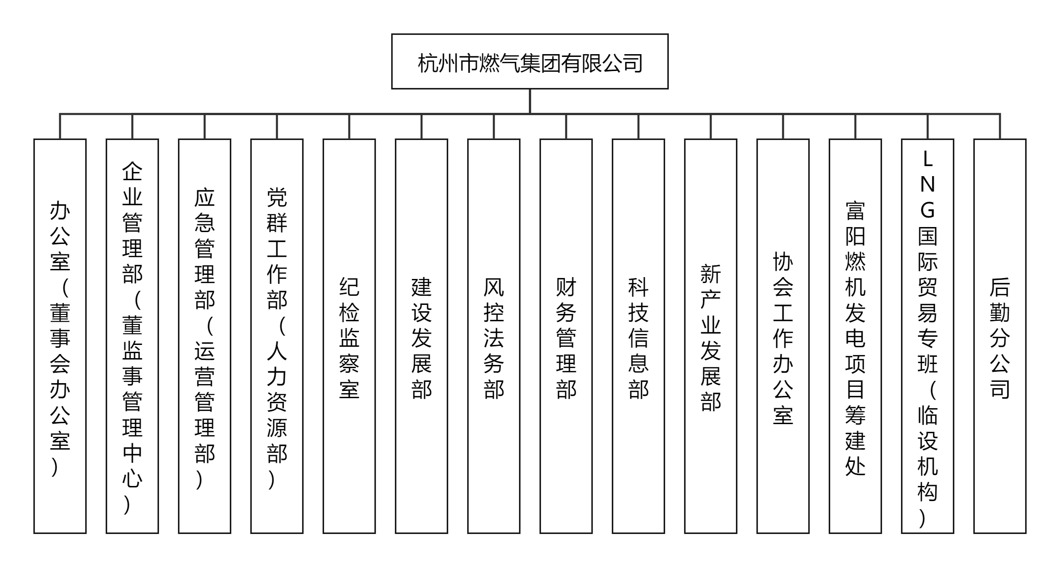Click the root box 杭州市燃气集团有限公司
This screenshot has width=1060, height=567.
tap(530, 61)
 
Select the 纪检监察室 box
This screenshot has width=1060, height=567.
tap(349, 336)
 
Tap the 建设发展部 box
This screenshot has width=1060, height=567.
tap(422, 336)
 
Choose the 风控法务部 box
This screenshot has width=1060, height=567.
tap(494, 336)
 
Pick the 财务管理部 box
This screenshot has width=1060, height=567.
tap(566, 336)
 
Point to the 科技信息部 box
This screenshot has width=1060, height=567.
tap(638, 336)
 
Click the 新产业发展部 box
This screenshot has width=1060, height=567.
tap(711, 336)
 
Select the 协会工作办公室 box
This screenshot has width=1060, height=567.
tap(783, 336)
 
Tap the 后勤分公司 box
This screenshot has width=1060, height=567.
tap(1000, 336)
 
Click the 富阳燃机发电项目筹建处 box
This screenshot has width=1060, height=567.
tap(855, 336)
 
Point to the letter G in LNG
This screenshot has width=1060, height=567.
tap(928, 210)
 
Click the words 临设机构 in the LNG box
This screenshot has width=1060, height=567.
tap(928, 453)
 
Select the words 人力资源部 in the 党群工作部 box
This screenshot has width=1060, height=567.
tap(277, 402)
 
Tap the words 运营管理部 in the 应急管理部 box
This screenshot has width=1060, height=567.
tap(205, 402)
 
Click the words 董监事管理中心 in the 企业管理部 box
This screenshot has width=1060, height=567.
tap(132, 402)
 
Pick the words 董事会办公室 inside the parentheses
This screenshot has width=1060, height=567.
tap(60, 377)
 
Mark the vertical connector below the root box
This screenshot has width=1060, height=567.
tap(530, 101)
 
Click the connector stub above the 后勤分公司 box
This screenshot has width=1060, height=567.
tap(1000, 126)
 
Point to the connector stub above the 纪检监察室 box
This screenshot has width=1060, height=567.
tap(349, 126)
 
